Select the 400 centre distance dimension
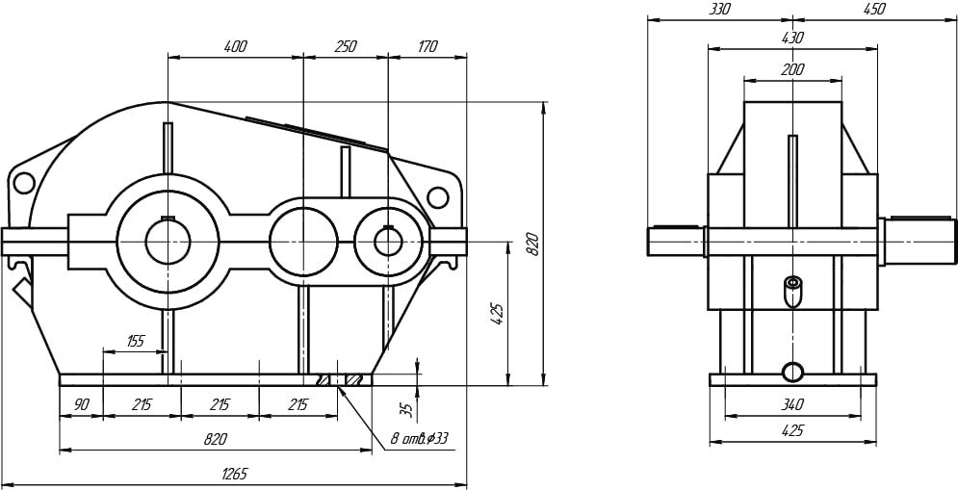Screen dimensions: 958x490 click(x=235, y=46)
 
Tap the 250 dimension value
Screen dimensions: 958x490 click(x=346, y=46)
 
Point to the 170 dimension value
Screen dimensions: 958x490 click(x=427, y=46)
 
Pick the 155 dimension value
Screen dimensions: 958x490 click(x=135, y=341)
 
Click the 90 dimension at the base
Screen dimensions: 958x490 click(x=81, y=404)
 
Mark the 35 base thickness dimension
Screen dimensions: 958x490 click(x=410, y=407)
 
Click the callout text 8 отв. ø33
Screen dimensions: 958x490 click(x=420, y=439)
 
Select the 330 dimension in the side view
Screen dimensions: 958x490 click(x=719, y=10)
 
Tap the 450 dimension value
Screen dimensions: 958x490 click(x=873, y=10)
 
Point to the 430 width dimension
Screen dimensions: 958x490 click(x=792, y=38)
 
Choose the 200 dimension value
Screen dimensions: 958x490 click(x=792, y=69)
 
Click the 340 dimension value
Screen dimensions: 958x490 click(x=792, y=404)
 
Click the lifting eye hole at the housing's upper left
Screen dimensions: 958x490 click(x=24, y=183)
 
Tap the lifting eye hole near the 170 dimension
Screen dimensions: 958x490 click(x=437, y=196)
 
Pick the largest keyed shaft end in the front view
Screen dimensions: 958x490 click(x=168, y=242)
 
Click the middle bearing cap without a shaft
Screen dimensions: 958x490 click(x=303, y=242)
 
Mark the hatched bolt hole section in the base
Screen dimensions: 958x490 click(x=343, y=380)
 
